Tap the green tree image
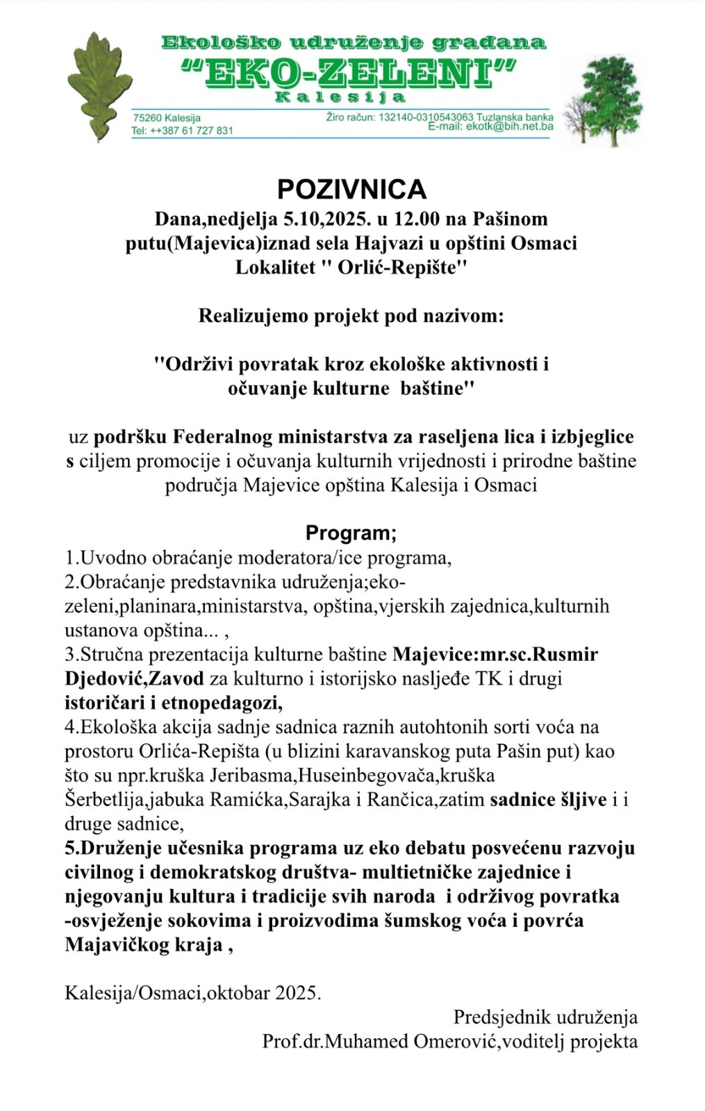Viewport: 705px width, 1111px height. pyautogui.click(x=600, y=101)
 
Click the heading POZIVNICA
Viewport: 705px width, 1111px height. pyautogui.click(x=351, y=190)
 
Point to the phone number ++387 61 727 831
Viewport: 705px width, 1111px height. pyautogui.click(x=191, y=131)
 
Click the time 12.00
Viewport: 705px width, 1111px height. pyautogui.click(x=417, y=219)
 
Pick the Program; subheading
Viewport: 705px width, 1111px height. pyautogui.click(x=351, y=533)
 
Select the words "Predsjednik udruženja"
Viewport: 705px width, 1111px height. pyautogui.click(x=545, y=1017)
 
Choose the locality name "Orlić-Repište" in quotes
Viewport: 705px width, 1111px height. pyautogui.click(x=402, y=267)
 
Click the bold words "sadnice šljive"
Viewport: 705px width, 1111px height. pyautogui.click(x=548, y=799)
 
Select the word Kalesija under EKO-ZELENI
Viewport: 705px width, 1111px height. pyautogui.click(x=340, y=97)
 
